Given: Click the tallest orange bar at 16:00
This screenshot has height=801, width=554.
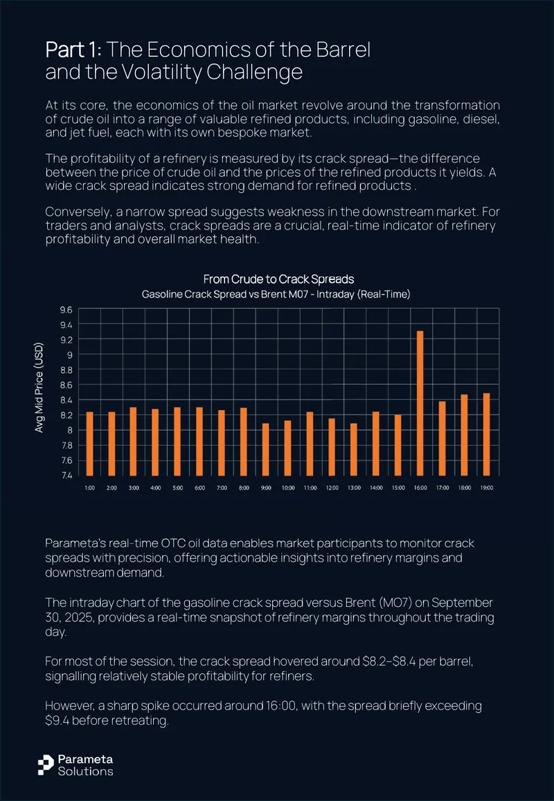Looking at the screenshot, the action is click(x=420, y=403).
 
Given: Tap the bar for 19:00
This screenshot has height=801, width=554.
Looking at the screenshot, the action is click(x=487, y=434).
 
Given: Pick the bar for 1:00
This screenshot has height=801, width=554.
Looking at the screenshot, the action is click(x=89, y=443).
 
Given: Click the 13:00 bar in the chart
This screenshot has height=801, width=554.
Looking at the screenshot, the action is click(x=354, y=449).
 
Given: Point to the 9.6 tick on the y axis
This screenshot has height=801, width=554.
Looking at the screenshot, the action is click(x=67, y=309).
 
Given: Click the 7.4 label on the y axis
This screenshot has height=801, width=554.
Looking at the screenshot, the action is click(x=67, y=476).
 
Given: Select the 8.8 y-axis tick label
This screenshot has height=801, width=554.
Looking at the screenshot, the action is click(x=67, y=370).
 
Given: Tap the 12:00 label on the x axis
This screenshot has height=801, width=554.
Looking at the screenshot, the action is click(x=332, y=488).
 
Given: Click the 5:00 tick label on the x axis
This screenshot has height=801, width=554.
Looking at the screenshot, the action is click(x=177, y=488).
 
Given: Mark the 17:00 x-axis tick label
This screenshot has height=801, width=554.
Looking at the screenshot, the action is click(x=443, y=488).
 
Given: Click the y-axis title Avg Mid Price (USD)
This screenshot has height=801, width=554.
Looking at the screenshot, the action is click(x=39, y=388).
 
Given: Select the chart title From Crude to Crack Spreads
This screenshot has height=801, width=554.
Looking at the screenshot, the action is click(x=278, y=279).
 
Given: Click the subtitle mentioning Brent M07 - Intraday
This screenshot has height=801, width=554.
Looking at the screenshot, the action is click(x=276, y=294).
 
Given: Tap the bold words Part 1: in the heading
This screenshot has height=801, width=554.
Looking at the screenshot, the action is click(x=74, y=50).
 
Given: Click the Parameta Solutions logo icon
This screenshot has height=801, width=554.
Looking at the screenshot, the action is click(x=46, y=765).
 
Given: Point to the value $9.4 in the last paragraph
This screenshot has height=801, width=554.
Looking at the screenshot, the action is click(x=56, y=721).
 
